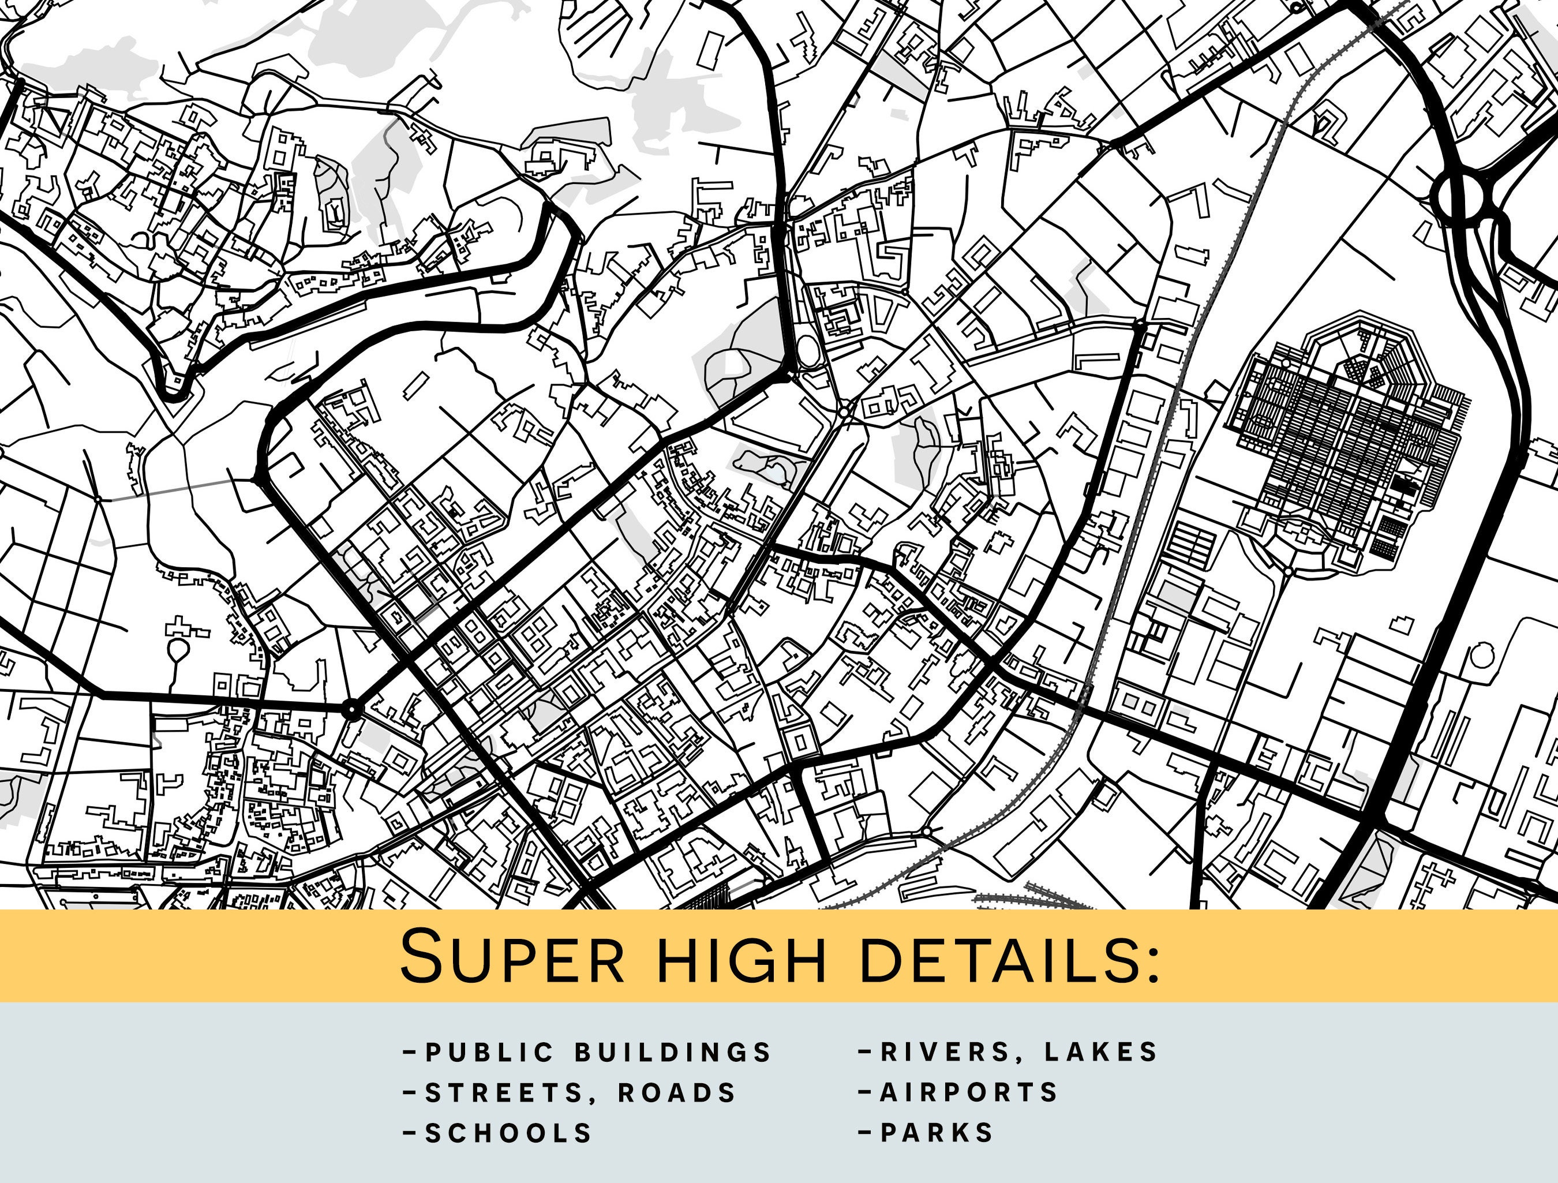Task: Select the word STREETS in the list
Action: (504, 1093)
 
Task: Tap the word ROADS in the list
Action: (677, 1093)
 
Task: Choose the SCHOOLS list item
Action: (508, 1133)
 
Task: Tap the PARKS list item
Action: (937, 1133)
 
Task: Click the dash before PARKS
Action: (866, 1133)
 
